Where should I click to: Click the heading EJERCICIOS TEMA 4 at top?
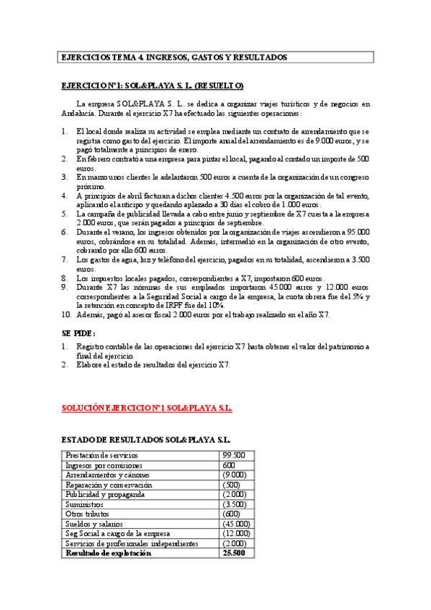(x=173, y=57)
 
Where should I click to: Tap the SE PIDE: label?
(x=78, y=334)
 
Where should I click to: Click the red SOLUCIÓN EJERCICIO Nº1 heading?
(x=146, y=408)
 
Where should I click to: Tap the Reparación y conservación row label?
(x=108, y=486)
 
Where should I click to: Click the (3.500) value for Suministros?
(x=235, y=505)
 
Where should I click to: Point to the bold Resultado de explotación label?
(x=109, y=554)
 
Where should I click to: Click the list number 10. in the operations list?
(x=65, y=314)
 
